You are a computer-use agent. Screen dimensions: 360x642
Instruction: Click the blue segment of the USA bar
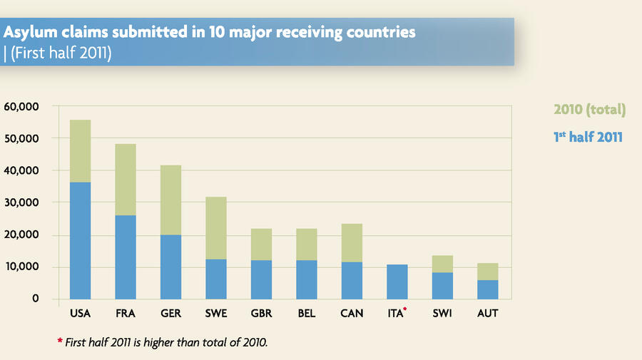click(x=80, y=240)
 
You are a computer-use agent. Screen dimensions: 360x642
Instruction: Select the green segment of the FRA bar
click(x=126, y=180)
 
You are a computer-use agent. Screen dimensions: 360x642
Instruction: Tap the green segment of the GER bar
click(x=170, y=200)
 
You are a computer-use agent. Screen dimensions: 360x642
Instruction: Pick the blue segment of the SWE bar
click(x=215, y=279)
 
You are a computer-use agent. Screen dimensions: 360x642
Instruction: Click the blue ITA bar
click(x=397, y=282)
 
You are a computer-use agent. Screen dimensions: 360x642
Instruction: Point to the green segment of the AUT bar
click(x=487, y=272)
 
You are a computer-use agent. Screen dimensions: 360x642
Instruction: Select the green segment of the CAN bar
click(x=352, y=243)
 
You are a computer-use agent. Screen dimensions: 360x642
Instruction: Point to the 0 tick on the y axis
click(x=35, y=299)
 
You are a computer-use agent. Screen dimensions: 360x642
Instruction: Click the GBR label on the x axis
click(x=261, y=314)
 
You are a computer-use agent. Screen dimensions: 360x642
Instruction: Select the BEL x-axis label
click(x=306, y=314)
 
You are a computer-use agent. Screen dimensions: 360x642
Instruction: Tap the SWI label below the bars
click(x=442, y=314)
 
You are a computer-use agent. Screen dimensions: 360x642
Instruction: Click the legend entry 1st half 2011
click(x=588, y=136)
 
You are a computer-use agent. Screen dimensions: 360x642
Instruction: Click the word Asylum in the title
click(x=31, y=33)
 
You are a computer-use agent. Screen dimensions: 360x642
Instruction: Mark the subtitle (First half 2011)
click(x=60, y=53)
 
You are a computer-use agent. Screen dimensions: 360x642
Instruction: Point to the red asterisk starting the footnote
click(x=60, y=341)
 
